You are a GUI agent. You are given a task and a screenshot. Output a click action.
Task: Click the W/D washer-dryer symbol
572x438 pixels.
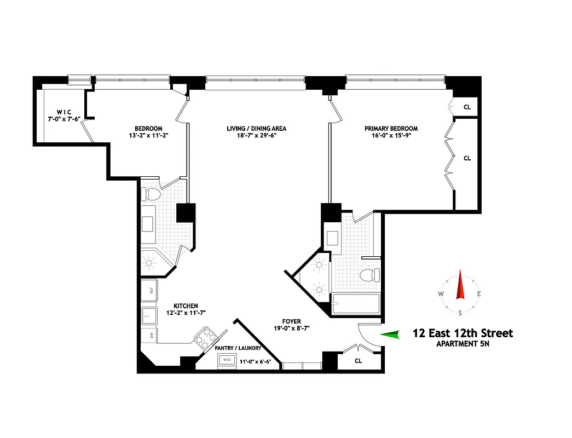227,360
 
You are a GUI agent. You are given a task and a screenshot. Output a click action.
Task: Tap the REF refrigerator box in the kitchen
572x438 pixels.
149,290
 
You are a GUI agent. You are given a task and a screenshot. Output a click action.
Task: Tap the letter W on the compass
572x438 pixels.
441,294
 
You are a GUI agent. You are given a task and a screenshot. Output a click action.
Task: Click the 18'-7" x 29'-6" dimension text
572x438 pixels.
257,136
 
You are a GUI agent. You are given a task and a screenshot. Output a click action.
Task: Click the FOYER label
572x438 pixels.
291,321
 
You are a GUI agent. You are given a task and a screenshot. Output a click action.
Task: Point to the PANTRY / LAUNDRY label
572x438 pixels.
237,348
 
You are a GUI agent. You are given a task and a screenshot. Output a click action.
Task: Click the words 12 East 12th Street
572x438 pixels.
463,333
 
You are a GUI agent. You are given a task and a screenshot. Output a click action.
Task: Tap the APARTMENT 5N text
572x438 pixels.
463,344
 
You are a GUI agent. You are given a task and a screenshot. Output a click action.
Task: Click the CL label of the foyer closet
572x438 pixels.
359,361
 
